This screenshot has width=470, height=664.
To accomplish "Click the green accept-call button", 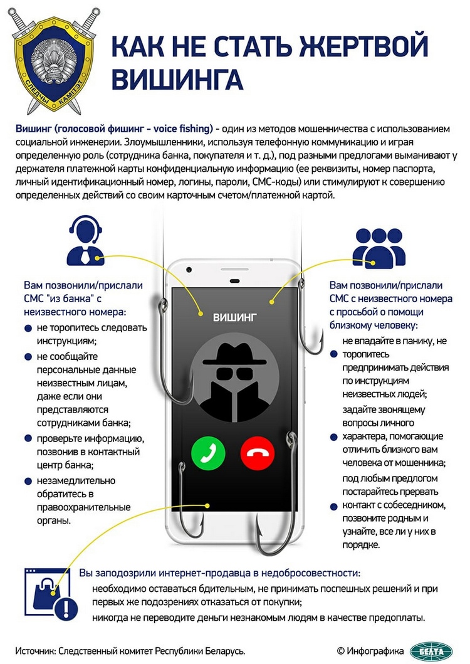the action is coord(208,453).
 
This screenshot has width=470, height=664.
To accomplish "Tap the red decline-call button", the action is coord(258,453).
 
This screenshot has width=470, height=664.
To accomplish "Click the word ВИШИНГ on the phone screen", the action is coord(234,317).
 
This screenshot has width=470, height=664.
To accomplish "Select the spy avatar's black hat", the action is coord(234,354).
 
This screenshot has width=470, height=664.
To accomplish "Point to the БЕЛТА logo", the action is coord(431,651).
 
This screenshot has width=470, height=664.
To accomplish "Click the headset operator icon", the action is coord(85,241).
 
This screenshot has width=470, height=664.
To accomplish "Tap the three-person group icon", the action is coord(379,247).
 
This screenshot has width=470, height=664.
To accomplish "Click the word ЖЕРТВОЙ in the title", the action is coord(363,46).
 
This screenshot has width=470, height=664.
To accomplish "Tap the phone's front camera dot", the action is coord(189,270).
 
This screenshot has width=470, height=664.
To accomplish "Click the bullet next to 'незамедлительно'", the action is coord(28,481).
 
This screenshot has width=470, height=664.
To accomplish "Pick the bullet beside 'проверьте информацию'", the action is coord(28,438).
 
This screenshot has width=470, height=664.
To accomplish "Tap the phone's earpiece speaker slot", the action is coord(234,281).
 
